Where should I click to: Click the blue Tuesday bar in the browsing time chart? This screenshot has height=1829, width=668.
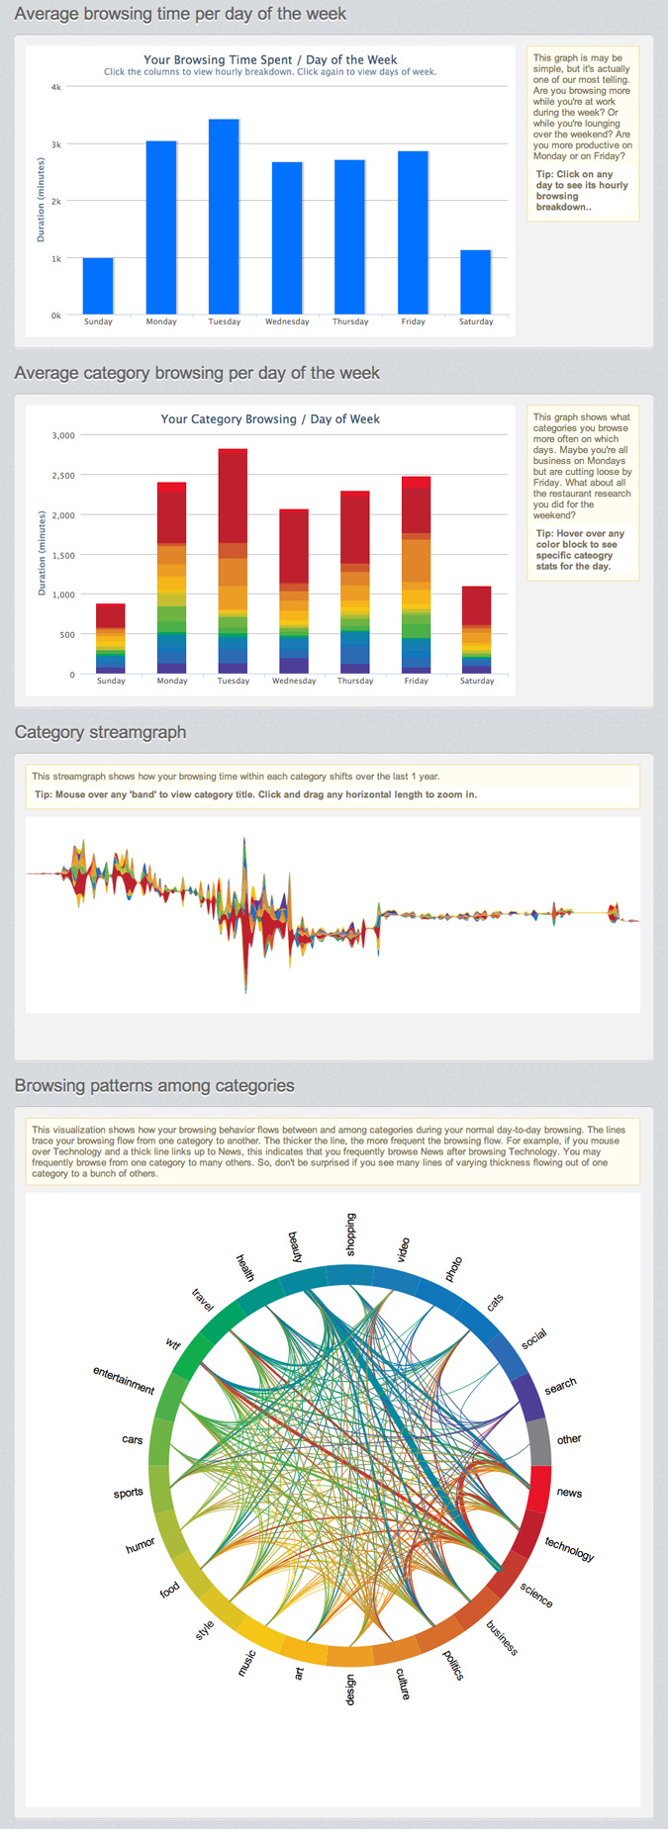pos(224,218)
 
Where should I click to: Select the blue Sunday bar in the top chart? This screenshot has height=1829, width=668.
pos(98,286)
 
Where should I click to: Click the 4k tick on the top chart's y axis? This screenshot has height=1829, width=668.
pos(56,87)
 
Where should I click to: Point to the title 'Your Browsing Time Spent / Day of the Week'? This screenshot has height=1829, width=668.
pos(270,59)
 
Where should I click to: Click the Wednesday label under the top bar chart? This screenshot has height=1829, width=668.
pos(287,321)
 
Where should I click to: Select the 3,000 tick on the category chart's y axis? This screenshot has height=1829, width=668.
pos(62,435)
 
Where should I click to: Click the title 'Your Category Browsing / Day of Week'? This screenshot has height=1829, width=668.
pos(270,418)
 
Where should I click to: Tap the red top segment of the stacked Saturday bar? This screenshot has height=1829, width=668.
pos(477,605)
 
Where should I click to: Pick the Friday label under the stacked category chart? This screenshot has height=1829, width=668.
pos(417,681)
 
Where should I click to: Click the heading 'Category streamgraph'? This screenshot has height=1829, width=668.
pos(100,732)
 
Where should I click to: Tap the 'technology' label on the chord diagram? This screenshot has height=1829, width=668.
pos(570,1549)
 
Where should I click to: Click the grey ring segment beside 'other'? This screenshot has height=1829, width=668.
pos(539,1442)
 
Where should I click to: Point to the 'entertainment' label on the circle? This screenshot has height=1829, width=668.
pos(124,1380)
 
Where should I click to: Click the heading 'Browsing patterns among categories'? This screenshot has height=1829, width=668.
pos(154,1085)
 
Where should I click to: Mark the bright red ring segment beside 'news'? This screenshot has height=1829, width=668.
pos(539,1489)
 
